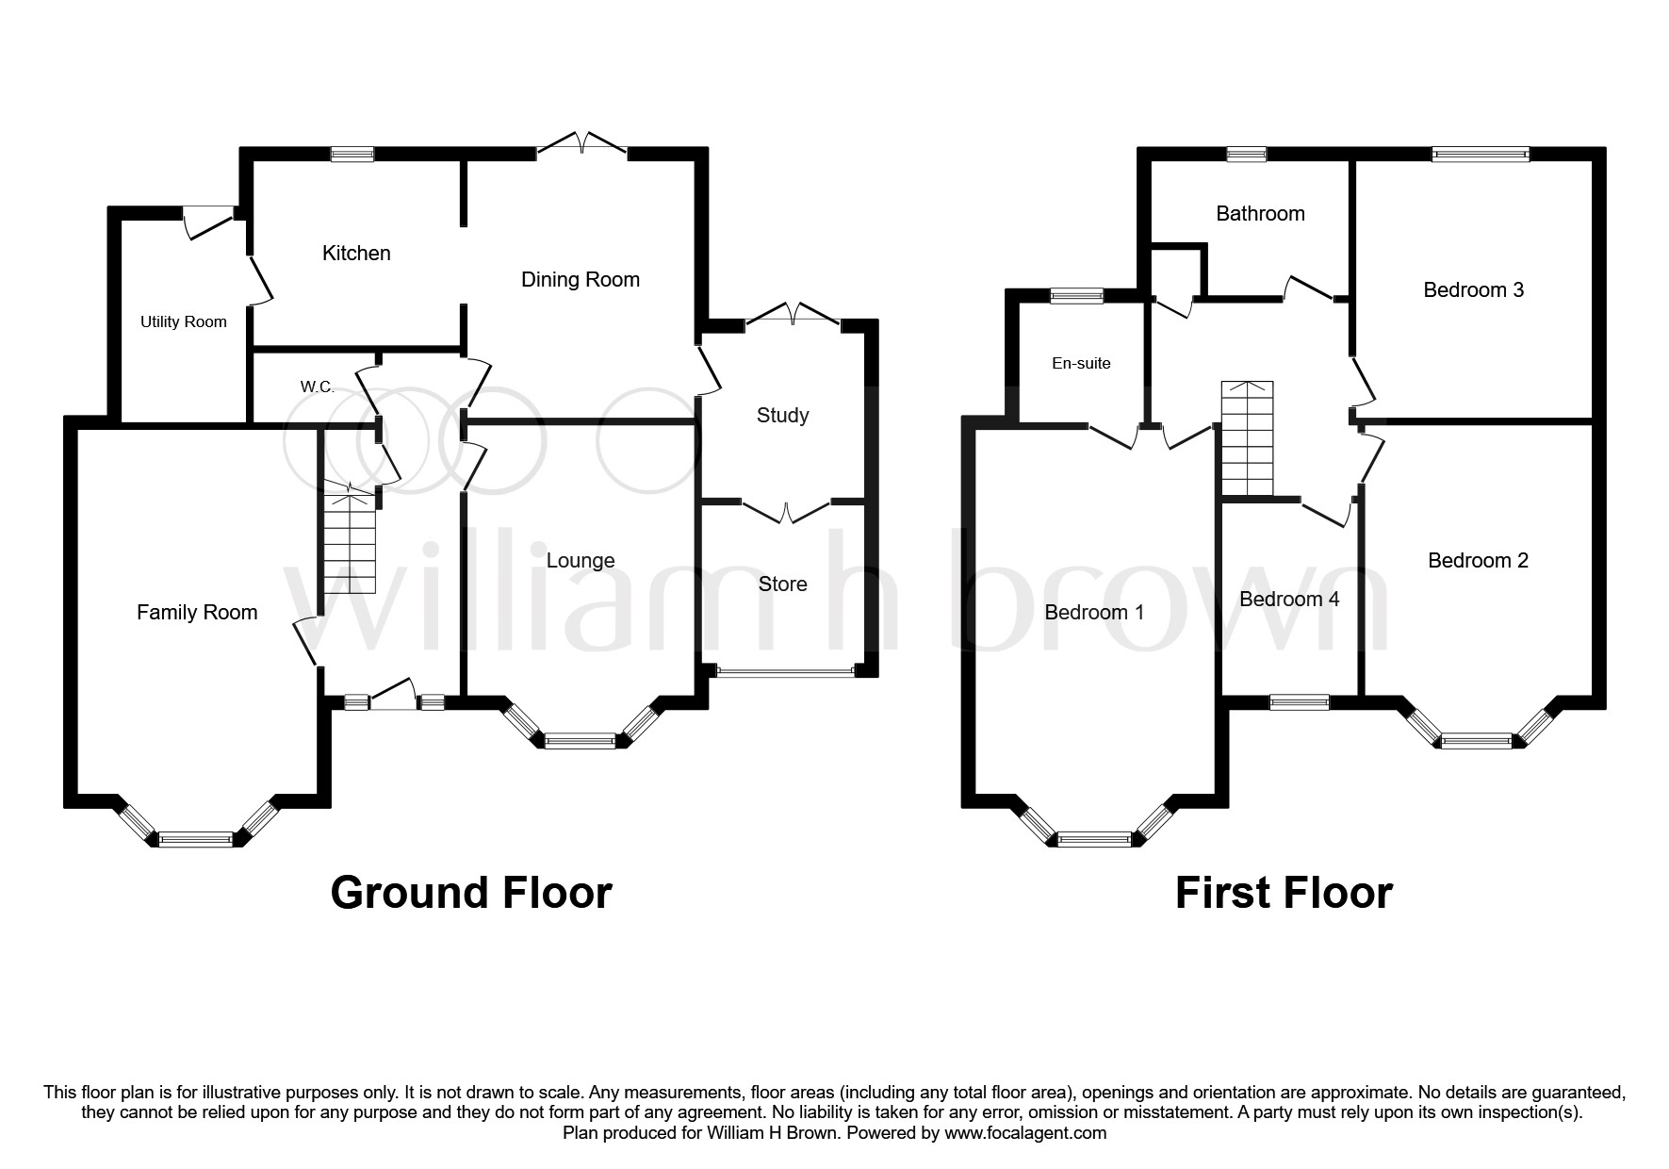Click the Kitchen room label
point(356,253)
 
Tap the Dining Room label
point(580,279)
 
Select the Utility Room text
point(183,321)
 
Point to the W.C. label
point(317,387)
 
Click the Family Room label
point(197,612)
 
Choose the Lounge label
point(580,560)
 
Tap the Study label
point(782,415)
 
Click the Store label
point(782,584)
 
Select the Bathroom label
point(1260,213)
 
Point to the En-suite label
point(1081,363)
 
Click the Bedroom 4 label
point(1288,599)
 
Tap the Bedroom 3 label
point(1473,289)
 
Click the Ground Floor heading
point(471,892)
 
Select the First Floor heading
point(1284,892)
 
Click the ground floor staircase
point(351,542)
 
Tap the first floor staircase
point(1247,438)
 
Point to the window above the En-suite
point(1077,296)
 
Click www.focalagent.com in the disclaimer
point(1023,1133)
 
